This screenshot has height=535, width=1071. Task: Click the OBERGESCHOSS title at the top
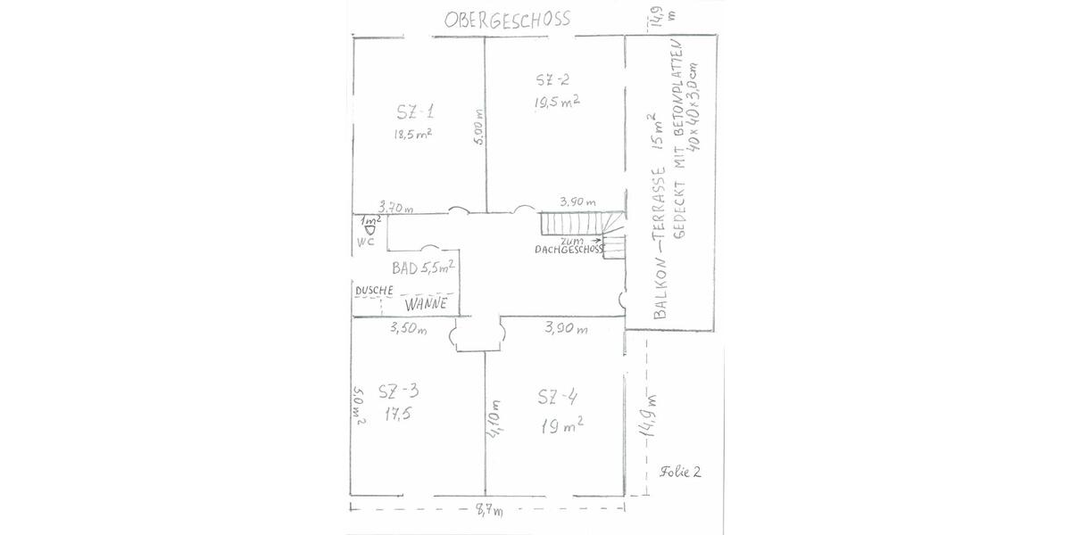pyautogui.click(x=507, y=20)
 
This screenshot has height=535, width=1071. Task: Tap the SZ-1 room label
pyautogui.click(x=416, y=112)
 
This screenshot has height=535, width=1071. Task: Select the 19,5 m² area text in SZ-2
pyautogui.click(x=557, y=103)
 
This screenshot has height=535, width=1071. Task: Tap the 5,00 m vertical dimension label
pyautogui.click(x=478, y=128)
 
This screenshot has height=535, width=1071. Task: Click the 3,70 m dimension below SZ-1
pyautogui.click(x=396, y=208)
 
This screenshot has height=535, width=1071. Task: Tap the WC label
pyautogui.click(x=365, y=242)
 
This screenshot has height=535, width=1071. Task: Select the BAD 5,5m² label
pyautogui.click(x=423, y=267)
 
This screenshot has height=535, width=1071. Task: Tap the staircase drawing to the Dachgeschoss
pyautogui.click(x=580, y=226)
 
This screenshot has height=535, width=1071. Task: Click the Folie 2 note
pyautogui.click(x=681, y=472)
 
